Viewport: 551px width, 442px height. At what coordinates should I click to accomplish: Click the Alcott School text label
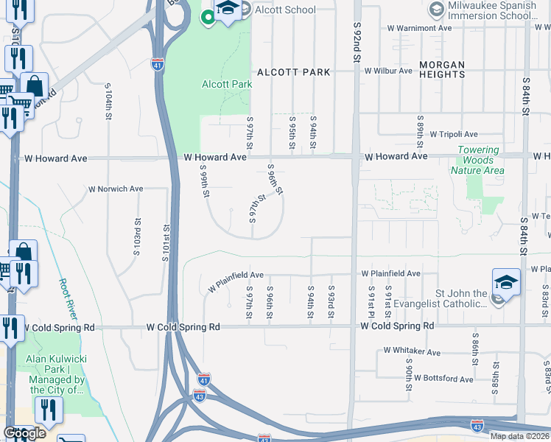pyautogui.click(x=284, y=10)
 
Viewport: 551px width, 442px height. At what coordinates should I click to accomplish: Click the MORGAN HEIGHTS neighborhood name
pyautogui.click(x=442, y=71)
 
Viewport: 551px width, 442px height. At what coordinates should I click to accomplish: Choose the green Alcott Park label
pyautogui.click(x=227, y=84)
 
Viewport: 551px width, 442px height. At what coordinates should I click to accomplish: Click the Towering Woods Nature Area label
pyautogui.click(x=478, y=160)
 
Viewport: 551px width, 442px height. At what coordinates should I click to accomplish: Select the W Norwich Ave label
pyautogui.click(x=116, y=189)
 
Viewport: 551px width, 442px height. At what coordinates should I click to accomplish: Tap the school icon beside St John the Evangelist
pyautogui.click(x=506, y=282)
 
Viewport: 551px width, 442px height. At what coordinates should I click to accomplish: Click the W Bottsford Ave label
pyautogui.click(x=443, y=378)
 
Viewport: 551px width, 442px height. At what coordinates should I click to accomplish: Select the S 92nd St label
pyautogui.click(x=357, y=37)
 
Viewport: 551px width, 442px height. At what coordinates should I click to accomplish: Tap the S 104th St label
pyautogui.click(x=108, y=105)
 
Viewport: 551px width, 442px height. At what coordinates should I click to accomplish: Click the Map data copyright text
pyautogui.click(x=520, y=436)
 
